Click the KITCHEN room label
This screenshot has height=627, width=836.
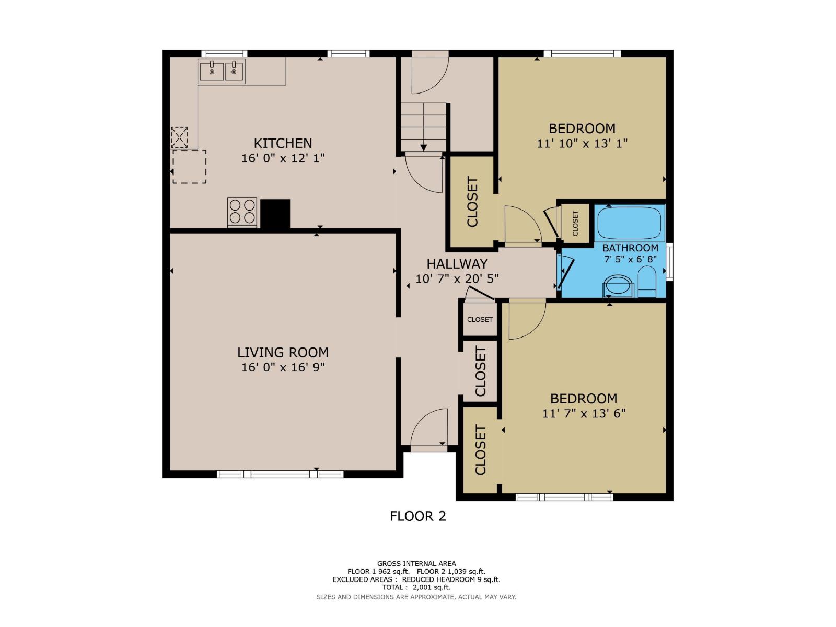click(283, 143)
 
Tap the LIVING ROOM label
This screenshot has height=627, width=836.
click(283, 352)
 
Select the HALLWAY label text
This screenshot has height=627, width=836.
click(457, 264)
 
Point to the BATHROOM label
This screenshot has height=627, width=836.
click(630, 248)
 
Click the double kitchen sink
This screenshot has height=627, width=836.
click(222, 71)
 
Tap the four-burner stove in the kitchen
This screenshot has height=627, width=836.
click(242, 212)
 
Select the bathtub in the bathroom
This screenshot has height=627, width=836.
click(630, 223)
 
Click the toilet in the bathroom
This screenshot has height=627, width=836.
click(647, 282)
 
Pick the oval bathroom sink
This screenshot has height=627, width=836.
click(618, 285)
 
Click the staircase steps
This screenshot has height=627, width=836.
click(423, 126)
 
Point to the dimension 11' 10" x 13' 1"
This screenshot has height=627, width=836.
click(582, 144)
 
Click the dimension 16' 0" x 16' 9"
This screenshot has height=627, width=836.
click(283, 367)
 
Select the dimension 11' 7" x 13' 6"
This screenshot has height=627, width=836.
click(584, 413)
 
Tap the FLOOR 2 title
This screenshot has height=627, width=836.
click(417, 516)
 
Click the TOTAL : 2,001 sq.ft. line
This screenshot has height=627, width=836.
click(416, 587)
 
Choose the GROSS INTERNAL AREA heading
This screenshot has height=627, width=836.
click(416, 563)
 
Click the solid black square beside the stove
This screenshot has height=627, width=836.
click(275, 214)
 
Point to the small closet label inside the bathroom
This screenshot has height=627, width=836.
click(575, 223)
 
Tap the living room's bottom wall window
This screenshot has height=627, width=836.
click(280, 474)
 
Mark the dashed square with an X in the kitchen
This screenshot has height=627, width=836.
click(179, 137)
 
